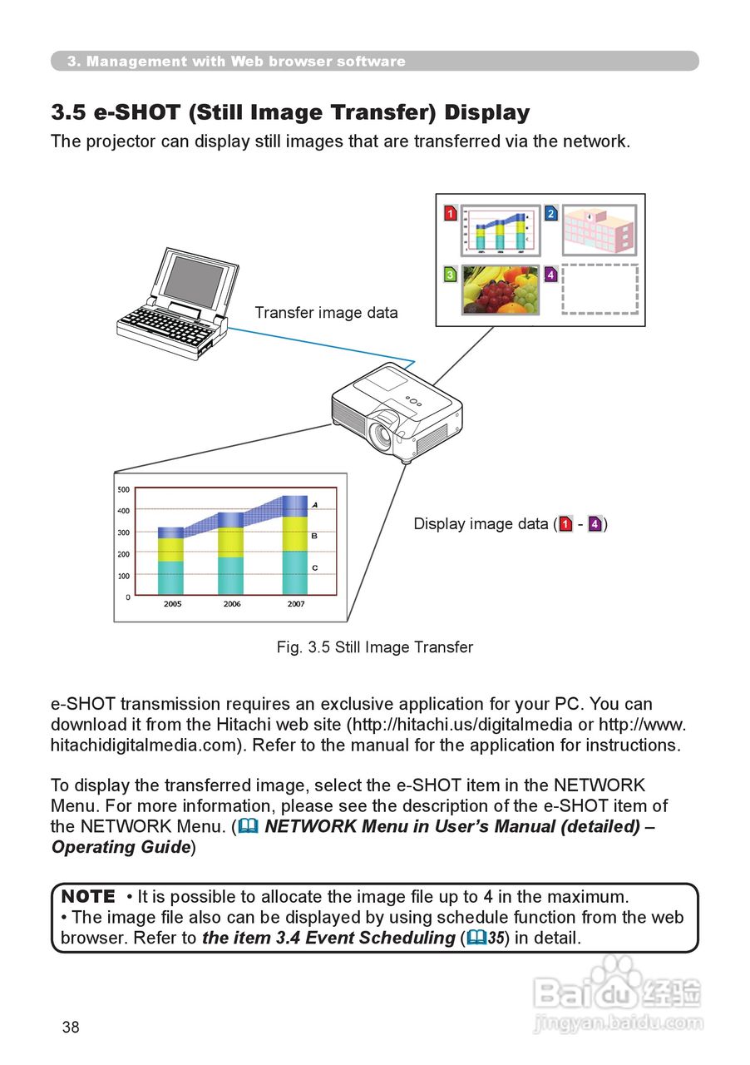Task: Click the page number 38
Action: point(71,1028)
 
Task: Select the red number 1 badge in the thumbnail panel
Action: point(451,214)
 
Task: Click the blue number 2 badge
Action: point(550,214)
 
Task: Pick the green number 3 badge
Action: point(451,274)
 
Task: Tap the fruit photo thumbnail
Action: point(501,290)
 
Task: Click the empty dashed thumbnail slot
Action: point(600,290)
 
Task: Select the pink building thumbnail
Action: point(600,230)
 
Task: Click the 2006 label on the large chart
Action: point(232,604)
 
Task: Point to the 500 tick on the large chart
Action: point(123,489)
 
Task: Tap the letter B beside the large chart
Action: point(314,537)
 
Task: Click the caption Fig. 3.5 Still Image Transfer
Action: point(374,647)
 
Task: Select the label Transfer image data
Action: point(326,313)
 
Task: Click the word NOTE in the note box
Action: point(89,897)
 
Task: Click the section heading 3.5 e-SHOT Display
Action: point(290,112)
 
